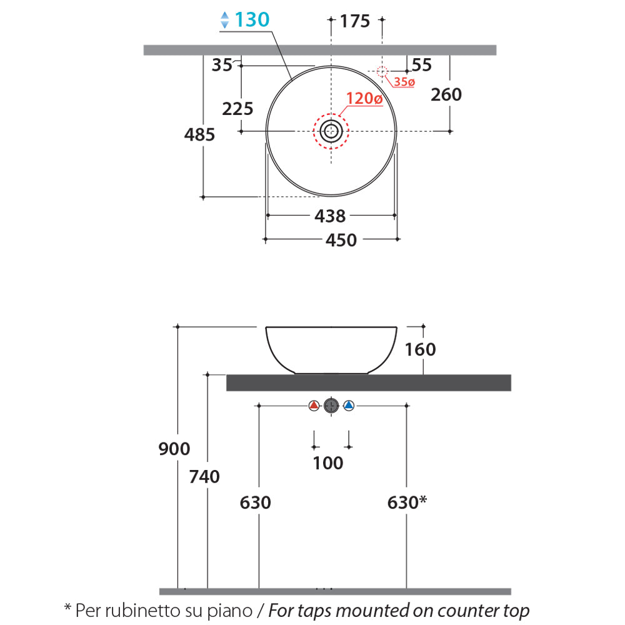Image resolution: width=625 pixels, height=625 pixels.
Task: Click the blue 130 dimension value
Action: pyautogui.click(x=252, y=19)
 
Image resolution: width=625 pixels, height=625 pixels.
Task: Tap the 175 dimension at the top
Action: pyautogui.click(x=355, y=21)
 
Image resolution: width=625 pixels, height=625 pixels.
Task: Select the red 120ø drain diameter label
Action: pyautogui.click(x=364, y=98)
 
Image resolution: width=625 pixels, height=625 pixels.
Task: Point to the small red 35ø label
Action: pyautogui.click(x=404, y=82)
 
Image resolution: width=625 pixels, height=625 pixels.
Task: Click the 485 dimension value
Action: pyautogui.click(x=199, y=135)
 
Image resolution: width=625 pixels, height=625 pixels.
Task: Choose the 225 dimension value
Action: pyautogui.click(x=237, y=109)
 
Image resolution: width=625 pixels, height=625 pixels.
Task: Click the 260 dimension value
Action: pyautogui.click(x=446, y=95)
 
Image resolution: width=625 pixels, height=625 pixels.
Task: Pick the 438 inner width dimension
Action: pyautogui.click(x=330, y=216)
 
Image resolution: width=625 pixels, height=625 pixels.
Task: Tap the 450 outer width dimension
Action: pyautogui.click(x=341, y=240)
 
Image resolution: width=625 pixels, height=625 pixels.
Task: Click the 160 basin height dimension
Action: pyautogui.click(x=420, y=349)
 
